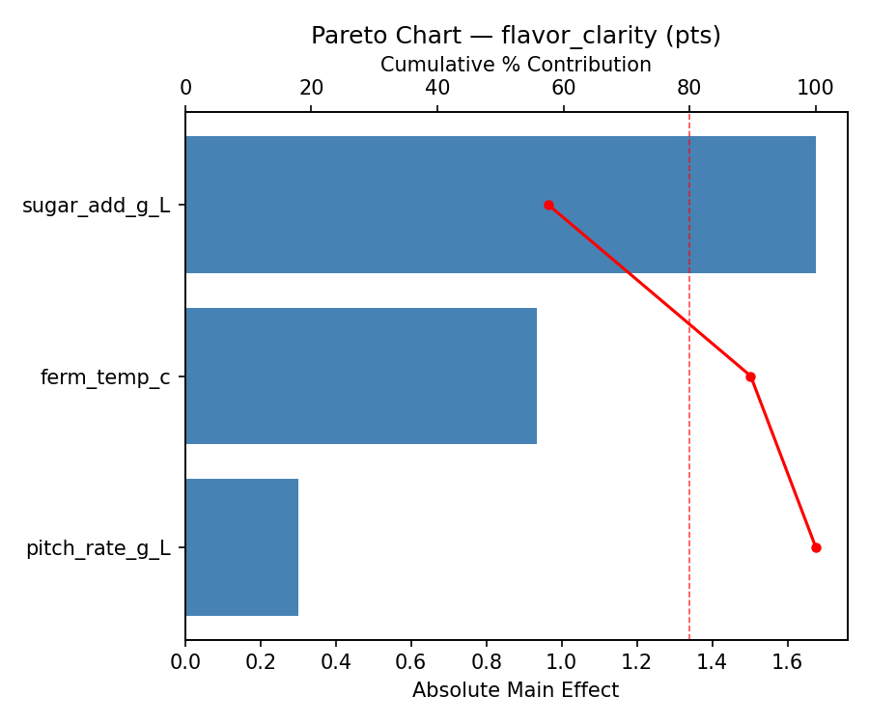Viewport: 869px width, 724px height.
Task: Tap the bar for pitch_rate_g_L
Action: [241, 547]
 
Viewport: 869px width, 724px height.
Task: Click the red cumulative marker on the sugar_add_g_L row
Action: [548, 205]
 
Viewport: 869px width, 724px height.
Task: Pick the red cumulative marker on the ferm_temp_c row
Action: [750, 376]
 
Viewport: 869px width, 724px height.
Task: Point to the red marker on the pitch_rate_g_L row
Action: [816, 547]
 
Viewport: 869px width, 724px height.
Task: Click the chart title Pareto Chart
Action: [516, 36]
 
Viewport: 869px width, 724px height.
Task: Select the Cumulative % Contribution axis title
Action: [516, 65]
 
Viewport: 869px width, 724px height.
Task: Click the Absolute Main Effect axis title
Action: [516, 690]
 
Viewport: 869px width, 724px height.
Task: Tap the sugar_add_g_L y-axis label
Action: [97, 206]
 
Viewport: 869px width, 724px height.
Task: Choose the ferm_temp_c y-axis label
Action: [105, 377]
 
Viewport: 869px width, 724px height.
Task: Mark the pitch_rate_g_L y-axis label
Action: [98, 548]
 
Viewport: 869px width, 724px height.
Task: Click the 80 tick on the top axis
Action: [689, 88]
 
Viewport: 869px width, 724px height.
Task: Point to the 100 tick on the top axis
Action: [815, 88]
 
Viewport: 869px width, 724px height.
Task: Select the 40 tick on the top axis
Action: [437, 88]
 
